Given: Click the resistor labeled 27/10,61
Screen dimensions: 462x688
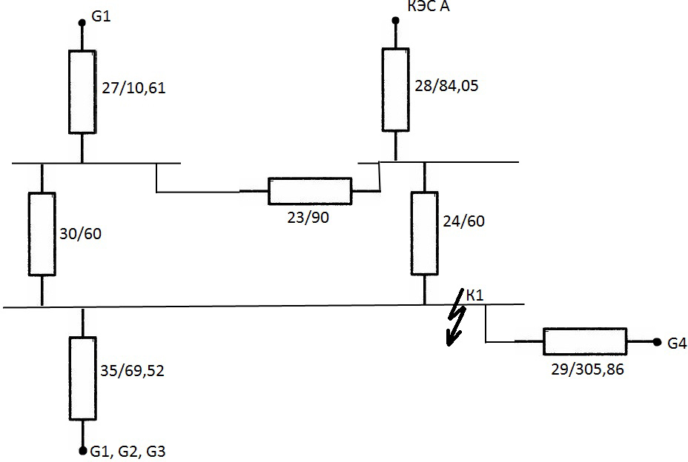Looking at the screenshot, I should pyautogui.click(x=82, y=92).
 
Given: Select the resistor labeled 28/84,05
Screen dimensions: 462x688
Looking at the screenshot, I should pyautogui.click(x=395, y=89).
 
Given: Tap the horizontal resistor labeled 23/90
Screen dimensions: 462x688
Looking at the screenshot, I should pyautogui.click(x=309, y=191).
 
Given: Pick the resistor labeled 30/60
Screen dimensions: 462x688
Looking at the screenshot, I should pyautogui.click(x=42, y=233).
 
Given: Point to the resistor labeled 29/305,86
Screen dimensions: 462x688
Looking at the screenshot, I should pyautogui.click(x=585, y=342).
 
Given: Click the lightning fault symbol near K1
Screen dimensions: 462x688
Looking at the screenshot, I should pyautogui.click(x=454, y=324).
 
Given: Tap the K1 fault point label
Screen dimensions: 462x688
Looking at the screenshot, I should pyautogui.click(x=474, y=295).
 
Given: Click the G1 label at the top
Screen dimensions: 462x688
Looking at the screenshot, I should pyautogui.click(x=101, y=15).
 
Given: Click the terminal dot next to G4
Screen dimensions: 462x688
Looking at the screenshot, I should pyautogui.click(x=657, y=342).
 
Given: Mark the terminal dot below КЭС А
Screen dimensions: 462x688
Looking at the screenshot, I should pyautogui.click(x=395, y=21).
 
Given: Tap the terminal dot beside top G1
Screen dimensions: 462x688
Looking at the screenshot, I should pyautogui.click(x=82, y=21).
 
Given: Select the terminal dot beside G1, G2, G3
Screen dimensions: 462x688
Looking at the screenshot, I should pyautogui.click(x=82, y=449).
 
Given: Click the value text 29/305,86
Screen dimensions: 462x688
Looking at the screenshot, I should pyautogui.click(x=584, y=369).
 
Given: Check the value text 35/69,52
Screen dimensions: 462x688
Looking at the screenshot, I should pyautogui.click(x=131, y=370).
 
